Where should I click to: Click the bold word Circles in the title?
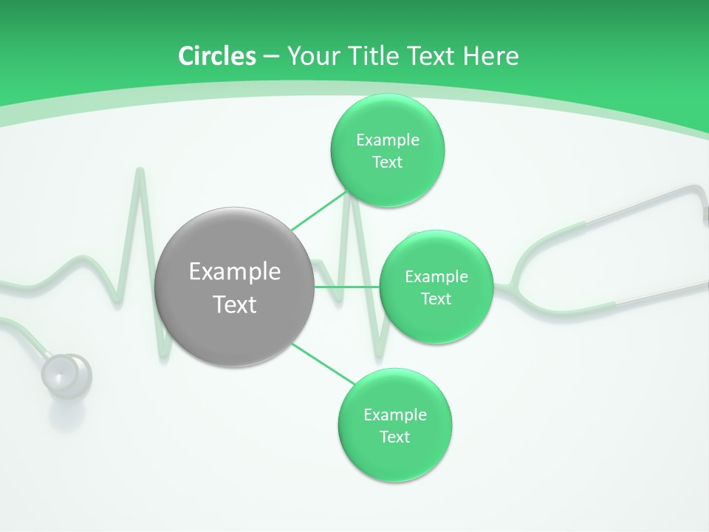[x=217, y=55]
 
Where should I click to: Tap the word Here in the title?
[x=491, y=55]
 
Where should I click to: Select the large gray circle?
[x=235, y=287]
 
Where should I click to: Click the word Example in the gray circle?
[x=235, y=271]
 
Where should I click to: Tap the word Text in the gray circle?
[x=235, y=304]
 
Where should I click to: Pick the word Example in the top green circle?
[x=387, y=140]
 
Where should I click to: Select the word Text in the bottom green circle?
[x=394, y=437]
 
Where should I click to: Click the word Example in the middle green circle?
[x=436, y=276]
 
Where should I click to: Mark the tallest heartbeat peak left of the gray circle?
[x=139, y=173]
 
